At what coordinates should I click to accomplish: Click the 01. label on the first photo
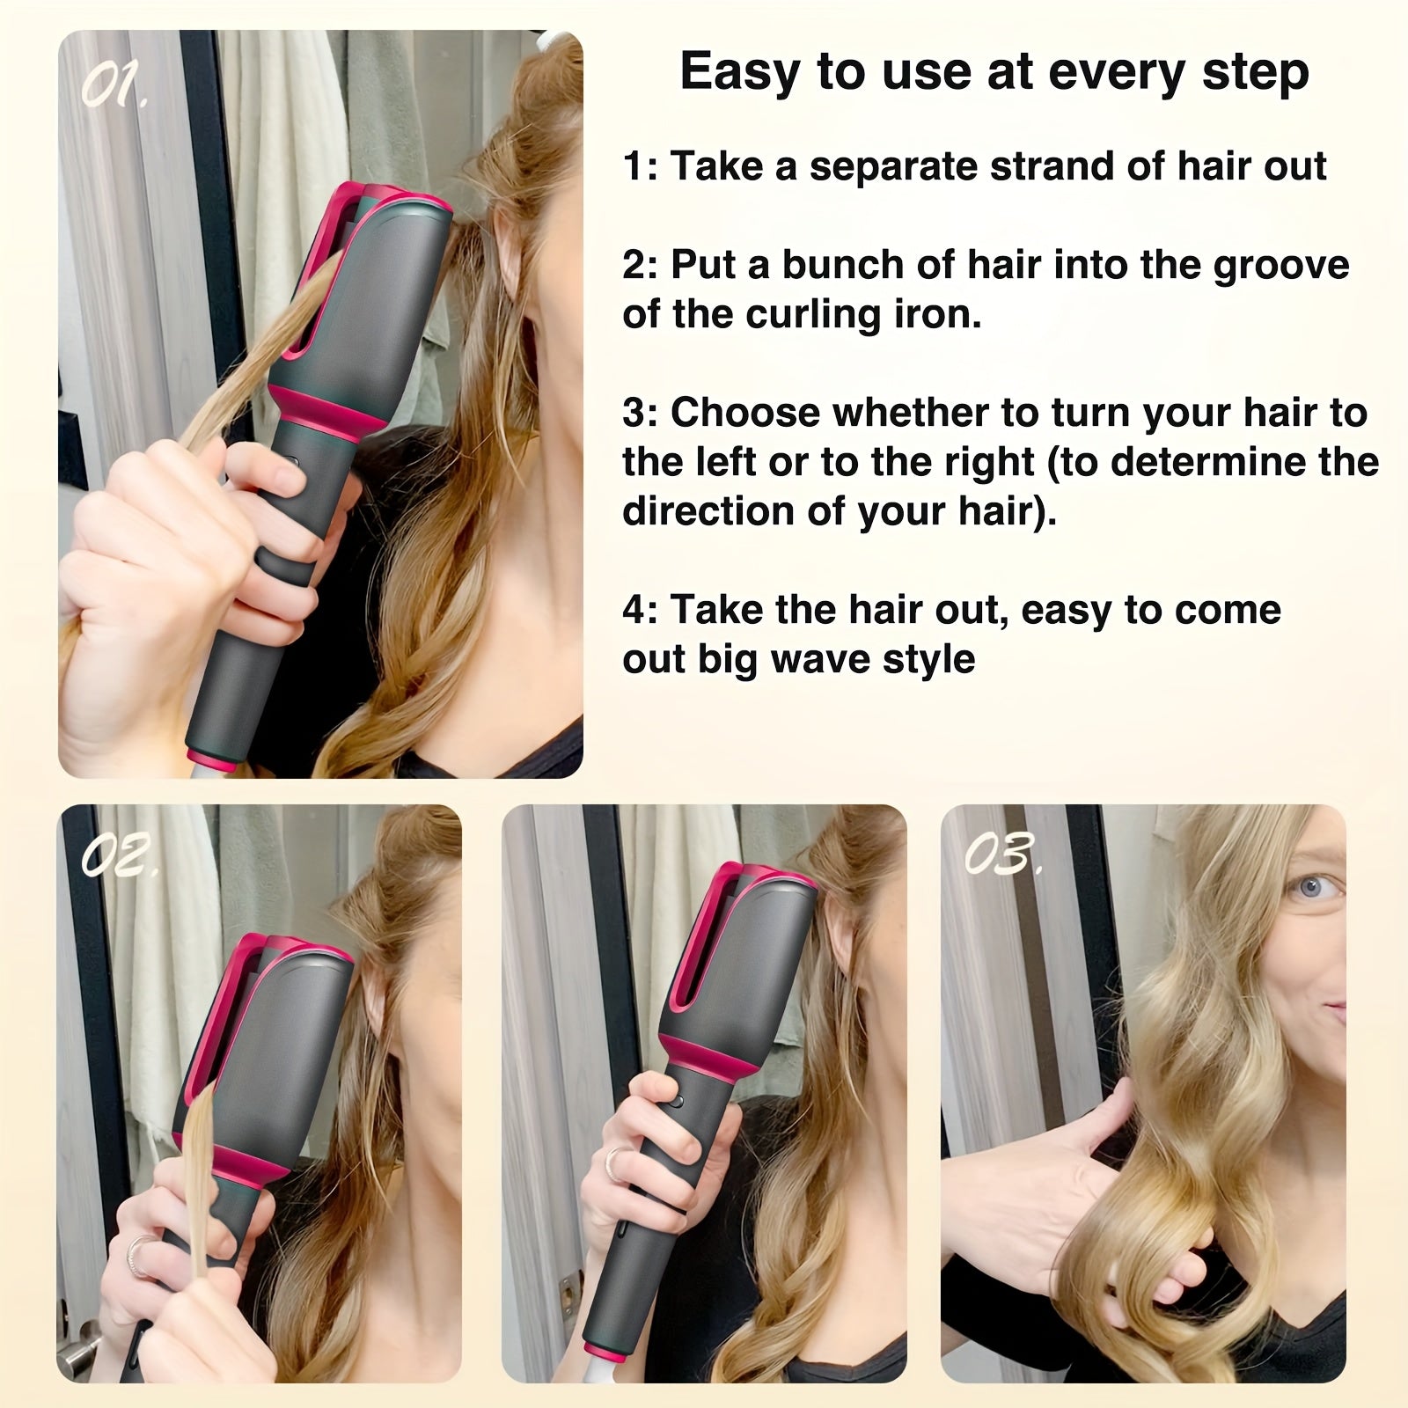(x=115, y=86)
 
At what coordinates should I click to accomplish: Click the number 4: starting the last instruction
(x=639, y=610)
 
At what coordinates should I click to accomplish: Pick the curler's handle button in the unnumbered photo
(x=675, y=1100)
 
